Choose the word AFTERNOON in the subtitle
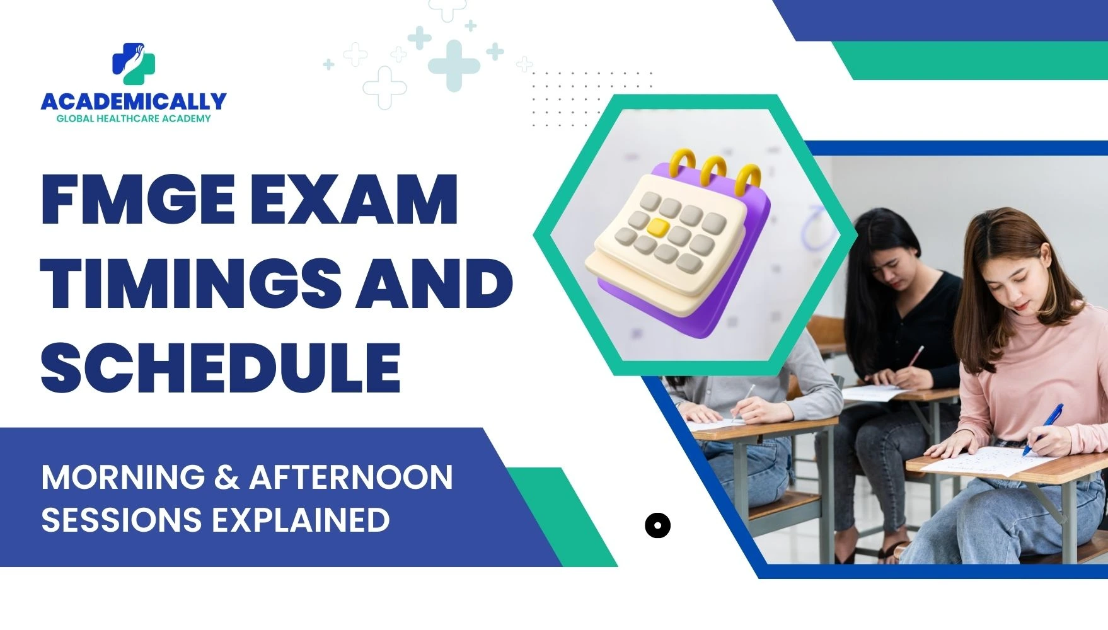[x=351, y=478]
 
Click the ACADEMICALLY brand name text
[x=134, y=101]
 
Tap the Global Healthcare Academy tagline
[x=134, y=118]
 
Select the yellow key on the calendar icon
[x=657, y=227]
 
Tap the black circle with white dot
[x=657, y=525]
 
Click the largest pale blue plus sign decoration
[x=453, y=65]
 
